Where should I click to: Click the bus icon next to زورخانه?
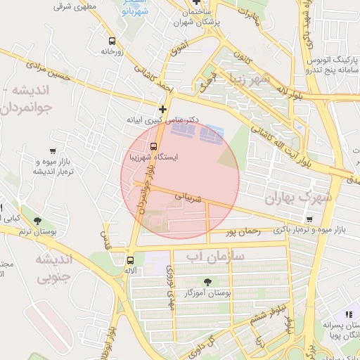(112, 41)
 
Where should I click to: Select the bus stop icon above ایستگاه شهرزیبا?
(154, 147)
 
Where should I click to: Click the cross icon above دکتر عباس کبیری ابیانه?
(163, 109)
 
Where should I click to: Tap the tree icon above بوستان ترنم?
(47, 221)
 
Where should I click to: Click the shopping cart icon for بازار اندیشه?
(53, 150)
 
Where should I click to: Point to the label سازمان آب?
(215, 257)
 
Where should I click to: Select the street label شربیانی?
(188, 199)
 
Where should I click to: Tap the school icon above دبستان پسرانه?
(348, 314)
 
